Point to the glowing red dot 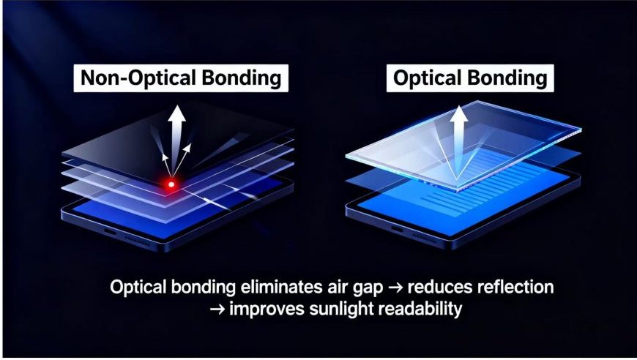tap(171, 184)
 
